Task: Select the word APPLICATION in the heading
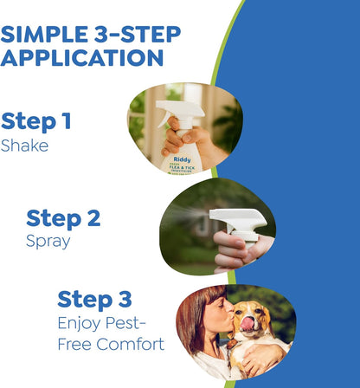(82, 58)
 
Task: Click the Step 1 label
(36, 121)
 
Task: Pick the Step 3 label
(95, 300)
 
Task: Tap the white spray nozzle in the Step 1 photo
(177, 112)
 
